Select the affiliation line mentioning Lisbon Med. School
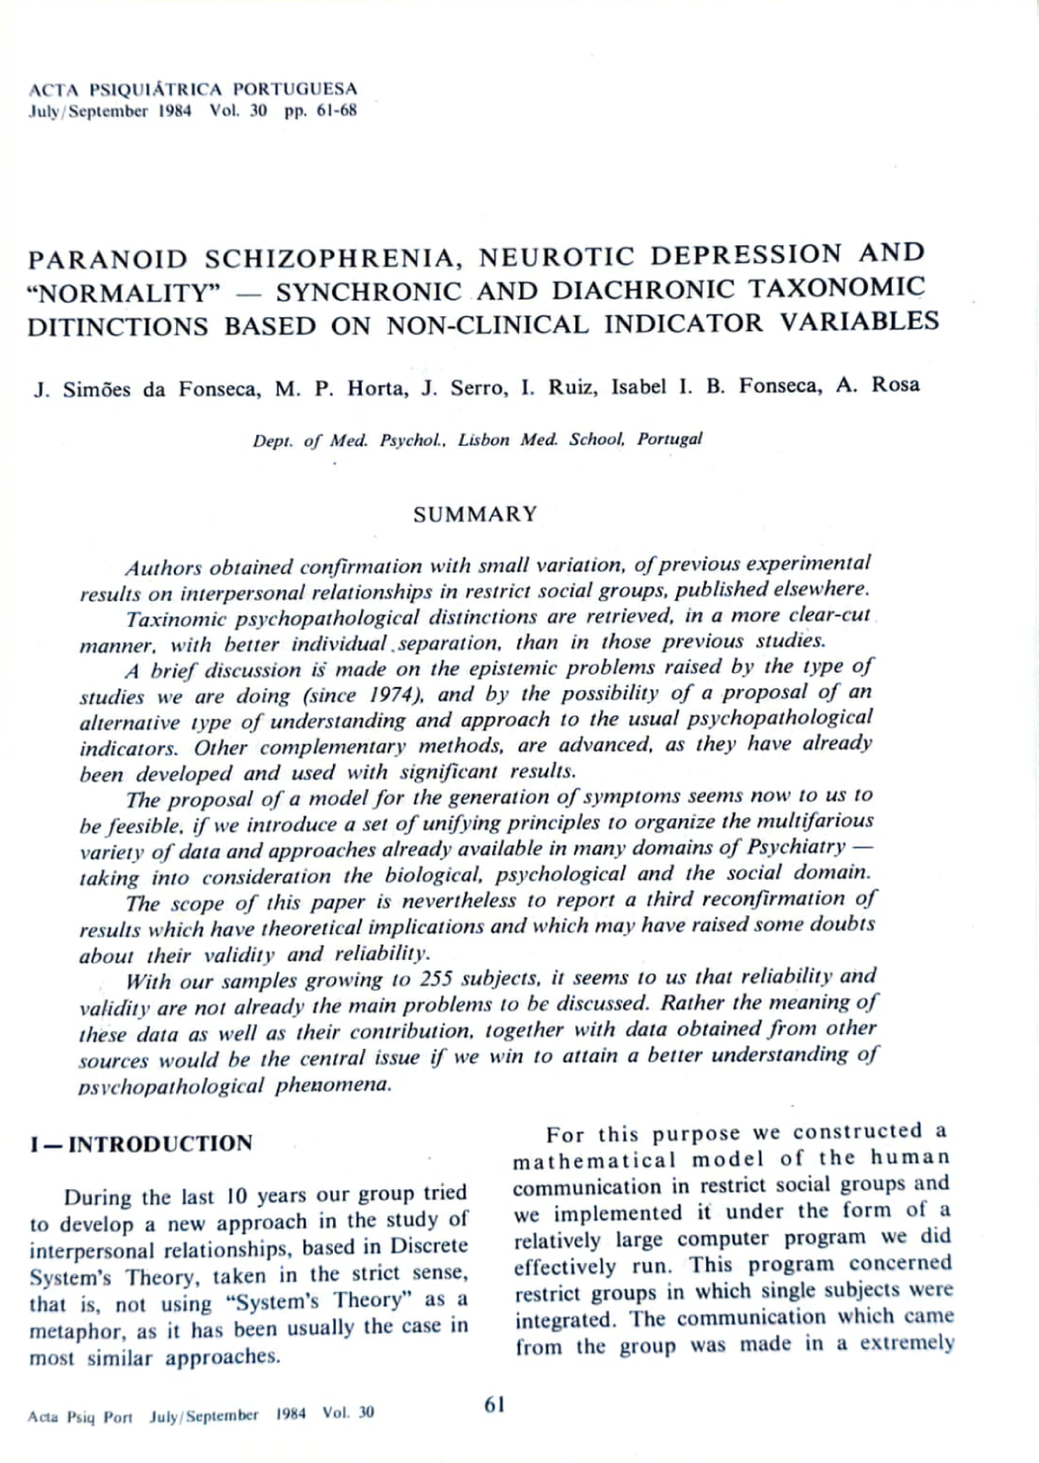click(x=476, y=439)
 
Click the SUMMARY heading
click(x=476, y=514)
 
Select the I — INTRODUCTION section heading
click(x=140, y=1144)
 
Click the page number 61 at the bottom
click(x=494, y=1405)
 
